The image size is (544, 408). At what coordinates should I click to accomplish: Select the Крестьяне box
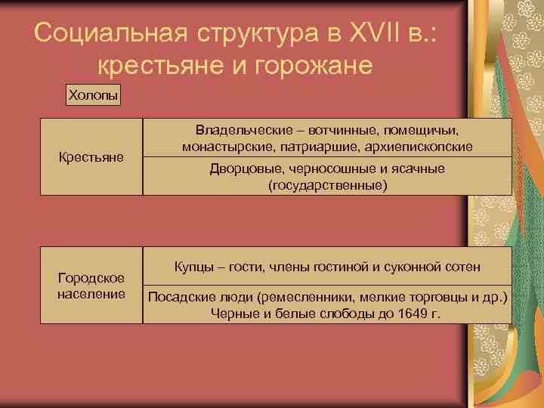[x=91, y=157]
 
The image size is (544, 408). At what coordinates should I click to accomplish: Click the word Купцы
[x=196, y=267]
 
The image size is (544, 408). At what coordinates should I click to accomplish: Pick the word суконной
[x=421, y=267]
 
